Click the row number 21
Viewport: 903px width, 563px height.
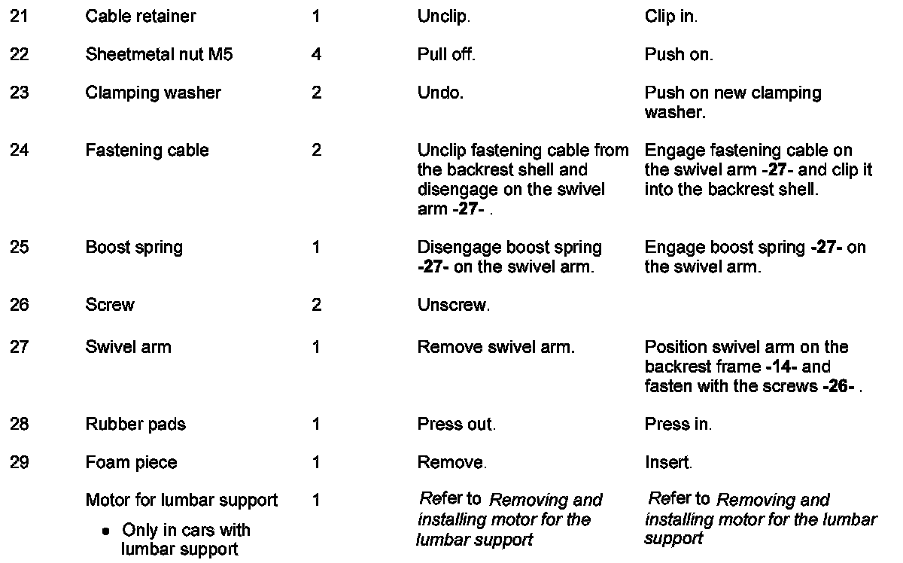tap(19, 16)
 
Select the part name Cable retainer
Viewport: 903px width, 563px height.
tap(141, 16)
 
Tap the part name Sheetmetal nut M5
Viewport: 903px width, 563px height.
tap(159, 55)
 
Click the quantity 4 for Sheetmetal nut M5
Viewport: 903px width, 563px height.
tap(316, 55)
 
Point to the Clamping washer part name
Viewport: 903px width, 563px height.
tap(153, 93)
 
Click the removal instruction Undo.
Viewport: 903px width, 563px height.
tap(440, 93)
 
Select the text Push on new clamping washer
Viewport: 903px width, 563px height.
tap(732, 102)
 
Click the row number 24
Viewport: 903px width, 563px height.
tap(19, 151)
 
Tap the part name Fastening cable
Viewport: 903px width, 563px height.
tap(147, 151)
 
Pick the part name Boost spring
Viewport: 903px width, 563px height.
tap(134, 248)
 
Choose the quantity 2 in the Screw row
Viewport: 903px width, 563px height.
tap(316, 306)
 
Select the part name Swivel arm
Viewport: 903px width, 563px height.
tap(128, 348)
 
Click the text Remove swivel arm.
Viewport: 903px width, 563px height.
tap(496, 348)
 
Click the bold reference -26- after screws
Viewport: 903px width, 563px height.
tap(841, 387)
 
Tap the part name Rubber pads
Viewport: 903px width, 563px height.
tap(135, 425)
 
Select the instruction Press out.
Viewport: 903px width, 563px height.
tap(456, 425)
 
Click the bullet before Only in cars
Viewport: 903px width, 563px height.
tap(107, 531)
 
